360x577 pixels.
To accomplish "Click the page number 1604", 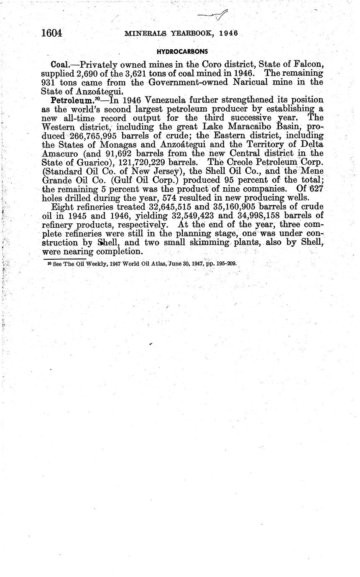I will coord(52,33).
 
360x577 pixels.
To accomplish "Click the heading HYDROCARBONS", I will coord(182,51).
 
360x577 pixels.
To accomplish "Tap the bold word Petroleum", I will coord(69,100).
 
